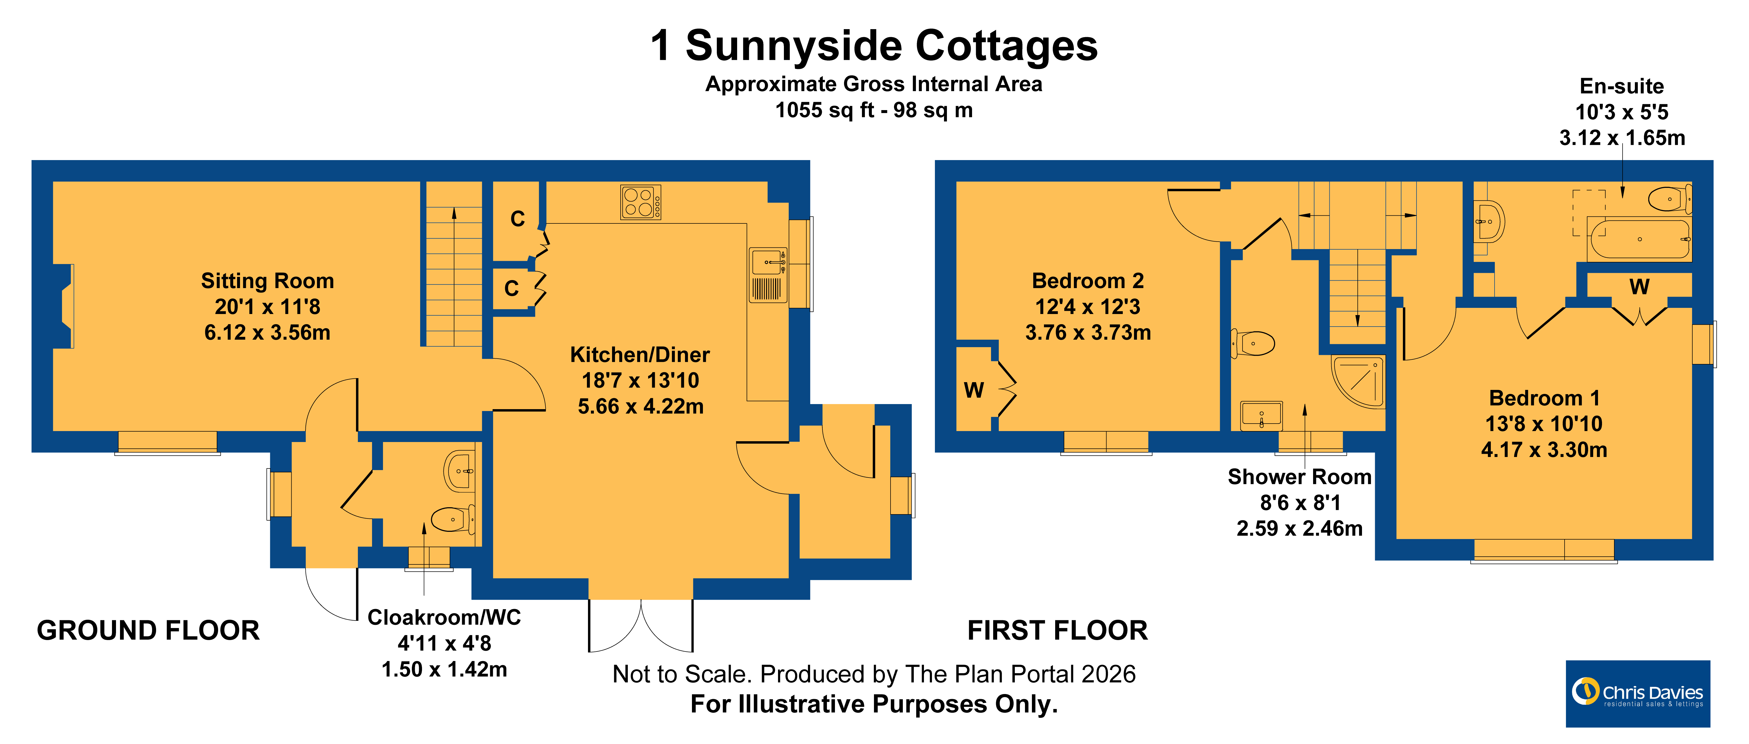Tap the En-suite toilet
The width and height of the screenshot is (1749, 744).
(x=1670, y=199)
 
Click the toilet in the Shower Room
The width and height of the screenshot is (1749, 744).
(x=1253, y=343)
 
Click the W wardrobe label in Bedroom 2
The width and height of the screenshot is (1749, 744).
(x=974, y=390)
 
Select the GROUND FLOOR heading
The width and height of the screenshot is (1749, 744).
(x=148, y=630)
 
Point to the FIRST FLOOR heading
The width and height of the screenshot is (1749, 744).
(x=1057, y=630)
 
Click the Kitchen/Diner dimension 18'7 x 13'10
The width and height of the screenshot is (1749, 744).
(x=640, y=380)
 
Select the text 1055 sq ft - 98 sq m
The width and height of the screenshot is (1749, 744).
(x=874, y=110)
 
